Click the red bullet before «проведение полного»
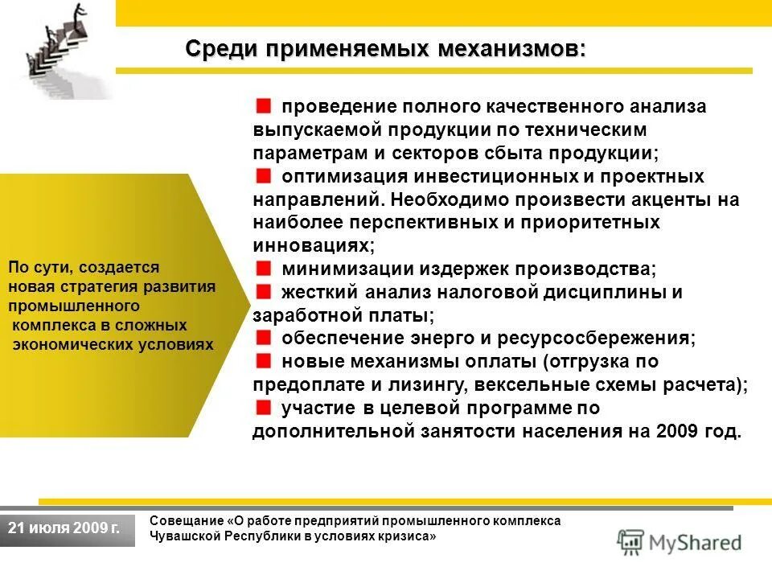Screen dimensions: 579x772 point(264,105)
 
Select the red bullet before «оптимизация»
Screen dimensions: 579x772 point(264,175)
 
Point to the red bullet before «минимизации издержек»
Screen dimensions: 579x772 point(264,268)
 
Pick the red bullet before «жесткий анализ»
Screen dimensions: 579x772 point(264,291)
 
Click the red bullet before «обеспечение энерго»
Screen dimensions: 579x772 point(264,337)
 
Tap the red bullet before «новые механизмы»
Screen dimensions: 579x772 point(264,360)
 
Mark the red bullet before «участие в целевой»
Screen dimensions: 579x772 point(264,407)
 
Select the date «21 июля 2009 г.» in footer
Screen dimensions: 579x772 point(64,528)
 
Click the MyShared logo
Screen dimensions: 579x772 point(680,541)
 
